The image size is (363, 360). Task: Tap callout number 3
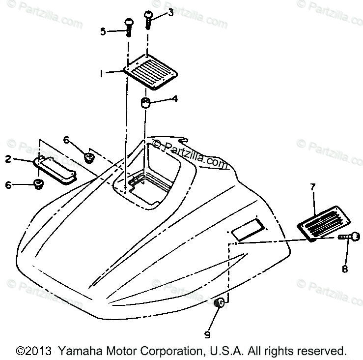170,13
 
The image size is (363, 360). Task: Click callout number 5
103,31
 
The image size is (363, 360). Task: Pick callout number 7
312,187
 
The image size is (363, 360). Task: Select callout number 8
344,269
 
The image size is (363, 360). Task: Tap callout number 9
207,334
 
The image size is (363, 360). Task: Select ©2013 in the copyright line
34,351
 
